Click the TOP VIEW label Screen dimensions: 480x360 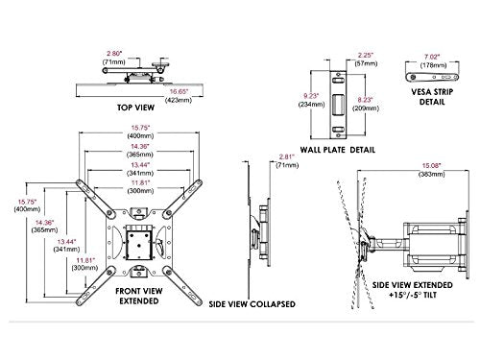(x=135, y=108)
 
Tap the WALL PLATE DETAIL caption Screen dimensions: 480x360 (x=338, y=150)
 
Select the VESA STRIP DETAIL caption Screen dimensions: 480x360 (x=432, y=97)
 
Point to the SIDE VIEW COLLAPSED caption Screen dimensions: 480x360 (x=252, y=304)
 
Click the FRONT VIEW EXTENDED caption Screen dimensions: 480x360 (x=139, y=296)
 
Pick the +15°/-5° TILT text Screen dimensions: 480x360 (x=413, y=295)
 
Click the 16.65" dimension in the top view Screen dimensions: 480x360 (x=179, y=92)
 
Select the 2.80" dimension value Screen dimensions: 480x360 (x=115, y=54)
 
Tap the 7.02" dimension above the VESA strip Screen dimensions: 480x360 (x=432, y=57)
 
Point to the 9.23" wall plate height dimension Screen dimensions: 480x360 (x=311, y=96)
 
